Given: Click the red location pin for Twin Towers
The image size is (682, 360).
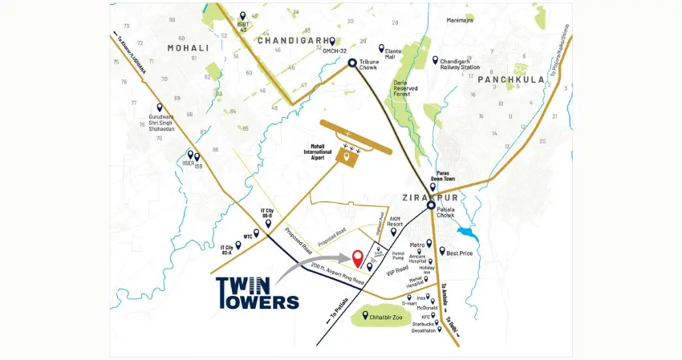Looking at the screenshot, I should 357,258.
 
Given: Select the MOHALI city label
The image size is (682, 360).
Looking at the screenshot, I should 187,48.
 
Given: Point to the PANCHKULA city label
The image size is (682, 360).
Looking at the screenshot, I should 510,79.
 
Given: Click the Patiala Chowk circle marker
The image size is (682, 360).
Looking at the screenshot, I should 431,205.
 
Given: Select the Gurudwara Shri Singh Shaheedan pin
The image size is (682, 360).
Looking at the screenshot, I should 160,107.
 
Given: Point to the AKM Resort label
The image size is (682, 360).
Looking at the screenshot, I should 394,221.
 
